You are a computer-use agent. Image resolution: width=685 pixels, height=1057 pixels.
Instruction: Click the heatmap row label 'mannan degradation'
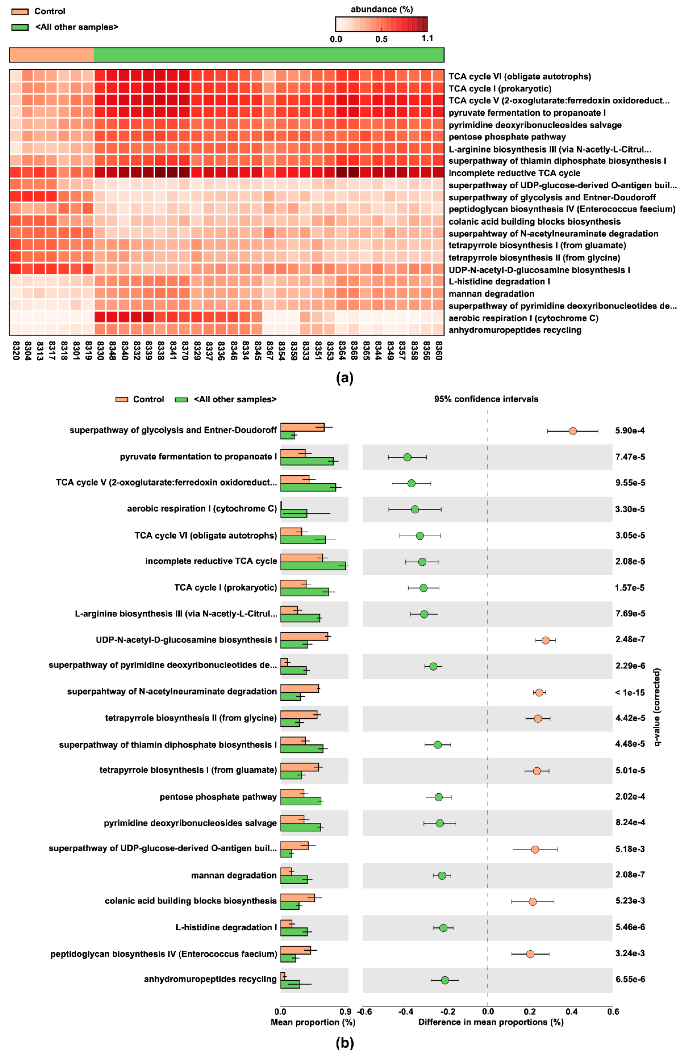pos(491,294)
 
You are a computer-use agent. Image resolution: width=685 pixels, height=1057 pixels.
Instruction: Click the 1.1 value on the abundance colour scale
pos(427,38)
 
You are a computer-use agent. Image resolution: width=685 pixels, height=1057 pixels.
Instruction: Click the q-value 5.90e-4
pos(629,430)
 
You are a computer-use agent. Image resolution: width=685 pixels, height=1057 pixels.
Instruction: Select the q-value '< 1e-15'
pos(629,692)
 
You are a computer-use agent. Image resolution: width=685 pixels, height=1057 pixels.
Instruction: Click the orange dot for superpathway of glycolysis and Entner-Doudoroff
pos(573,431)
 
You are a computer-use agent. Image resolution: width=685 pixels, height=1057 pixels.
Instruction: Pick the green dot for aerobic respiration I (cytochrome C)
pos(415,509)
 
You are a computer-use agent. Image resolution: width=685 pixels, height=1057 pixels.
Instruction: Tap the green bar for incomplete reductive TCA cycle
pos(313,566)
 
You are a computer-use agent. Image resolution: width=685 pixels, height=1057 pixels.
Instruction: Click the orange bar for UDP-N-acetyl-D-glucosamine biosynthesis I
pos(304,636)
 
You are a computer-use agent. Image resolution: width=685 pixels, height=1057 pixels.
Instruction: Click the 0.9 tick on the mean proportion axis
pos(345,1012)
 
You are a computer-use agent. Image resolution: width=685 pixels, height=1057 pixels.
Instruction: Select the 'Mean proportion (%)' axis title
pos(313,1022)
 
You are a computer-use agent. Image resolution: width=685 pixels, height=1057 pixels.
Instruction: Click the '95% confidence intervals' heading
pos(486,399)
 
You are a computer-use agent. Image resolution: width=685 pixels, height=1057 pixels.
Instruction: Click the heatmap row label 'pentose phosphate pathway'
pos(507,137)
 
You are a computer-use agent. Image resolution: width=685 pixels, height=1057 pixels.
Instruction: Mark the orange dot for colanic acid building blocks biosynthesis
pos(532,902)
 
